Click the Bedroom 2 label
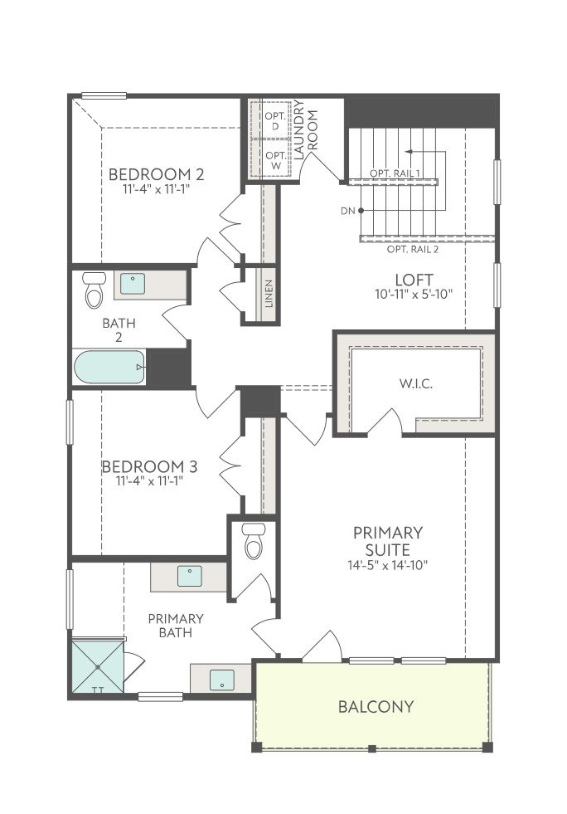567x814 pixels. click(x=156, y=174)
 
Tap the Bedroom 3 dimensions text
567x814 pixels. click(x=150, y=480)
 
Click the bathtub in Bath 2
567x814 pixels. click(x=109, y=367)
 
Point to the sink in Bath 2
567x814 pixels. click(x=133, y=284)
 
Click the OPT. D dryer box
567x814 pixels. click(x=275, y=121)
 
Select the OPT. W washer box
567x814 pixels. click(x=275, y=160)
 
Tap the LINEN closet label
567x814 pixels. click(x=269, y=294)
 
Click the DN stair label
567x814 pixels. click(x=348, y=212)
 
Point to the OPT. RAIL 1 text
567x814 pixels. click(x=395, y=173)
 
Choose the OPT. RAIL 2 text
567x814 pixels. click(x=413, y=249)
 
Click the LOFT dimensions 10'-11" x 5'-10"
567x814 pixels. click(x=414, y=295)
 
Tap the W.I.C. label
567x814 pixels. click(x=416, y=384)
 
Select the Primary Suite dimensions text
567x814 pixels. click(x=387, y=565)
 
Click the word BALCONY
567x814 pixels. click(x=376, y=706)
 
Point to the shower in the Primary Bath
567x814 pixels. click(x=98, y=667)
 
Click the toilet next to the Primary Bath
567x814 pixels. click(x=254, y=541)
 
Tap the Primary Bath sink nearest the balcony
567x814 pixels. click(x=222, y=680)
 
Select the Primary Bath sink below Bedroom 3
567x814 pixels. click(x=189, y=576)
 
